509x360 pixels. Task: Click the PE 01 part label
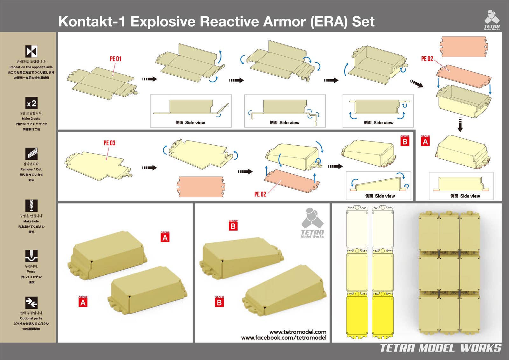(x=115, y=59)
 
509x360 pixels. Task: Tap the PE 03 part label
(x=109, y=143)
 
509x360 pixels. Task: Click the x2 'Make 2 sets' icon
(x=31, y=103)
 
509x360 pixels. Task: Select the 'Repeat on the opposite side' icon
(x=31, y=51)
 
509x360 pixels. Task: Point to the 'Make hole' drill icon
(x=31, y=205)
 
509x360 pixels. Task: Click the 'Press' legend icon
(x=31, y=256)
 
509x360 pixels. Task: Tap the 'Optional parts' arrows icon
(x=31, y=303)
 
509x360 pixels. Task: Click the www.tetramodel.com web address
(x=298, y=332)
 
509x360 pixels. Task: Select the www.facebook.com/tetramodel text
(x=283, y=338)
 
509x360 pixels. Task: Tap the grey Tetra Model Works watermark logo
(x=312, y=223)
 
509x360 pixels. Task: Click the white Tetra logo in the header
(x=492, y=20)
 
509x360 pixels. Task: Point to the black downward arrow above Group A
(x=460, y=125)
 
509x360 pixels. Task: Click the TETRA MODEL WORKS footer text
(x=441, y=348)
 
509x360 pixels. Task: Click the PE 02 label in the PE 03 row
(x=260, y=194)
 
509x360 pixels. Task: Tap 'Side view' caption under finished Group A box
(x=465, y=196)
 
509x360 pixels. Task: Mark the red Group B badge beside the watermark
(x=233, y=226)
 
